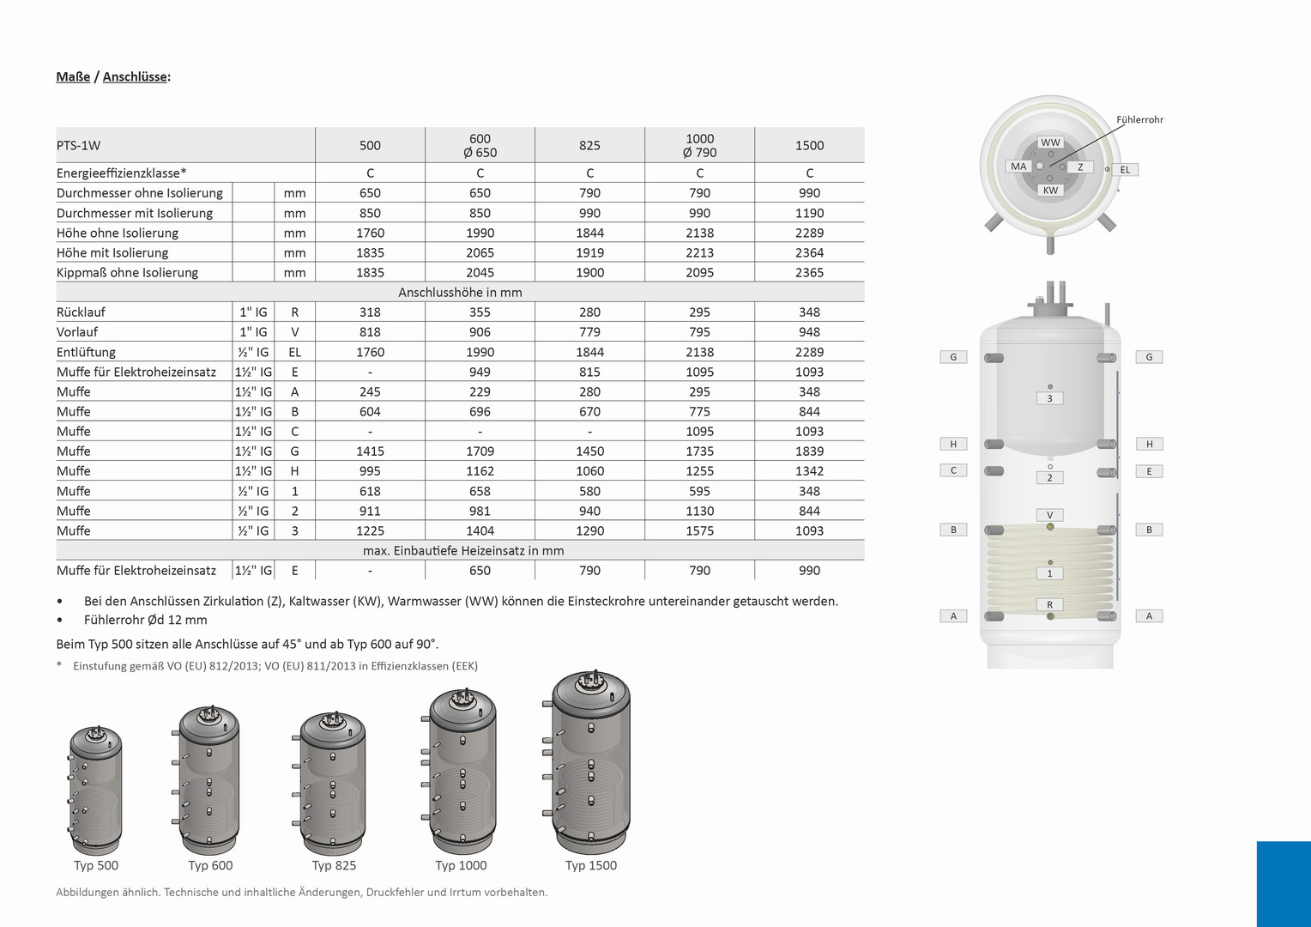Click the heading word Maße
[73, 76]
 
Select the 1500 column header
[809, 145]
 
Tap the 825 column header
[589, 145]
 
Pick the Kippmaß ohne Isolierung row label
[127, 272]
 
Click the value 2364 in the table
[809, 252]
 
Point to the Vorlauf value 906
[480, 332]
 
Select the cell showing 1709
[480, 451]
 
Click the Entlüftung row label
[86, 352]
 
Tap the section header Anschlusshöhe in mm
[460, 292]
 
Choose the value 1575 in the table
[699, 530]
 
